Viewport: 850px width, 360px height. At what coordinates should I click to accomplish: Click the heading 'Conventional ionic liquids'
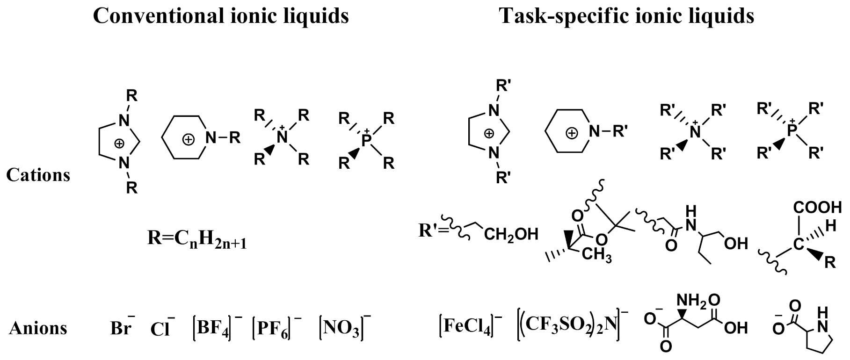pos(221,16)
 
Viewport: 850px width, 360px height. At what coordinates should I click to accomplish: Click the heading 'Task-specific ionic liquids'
pos(626,16)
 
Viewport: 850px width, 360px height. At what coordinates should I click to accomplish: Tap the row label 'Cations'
pos(38,175)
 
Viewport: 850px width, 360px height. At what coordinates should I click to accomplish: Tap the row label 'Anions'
pos(38,328)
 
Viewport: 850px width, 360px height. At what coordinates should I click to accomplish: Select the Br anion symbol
pos(121,328)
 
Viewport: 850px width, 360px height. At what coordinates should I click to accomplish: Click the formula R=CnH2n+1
pos(197,239)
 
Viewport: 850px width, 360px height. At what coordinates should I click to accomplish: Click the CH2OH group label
pos(511,234)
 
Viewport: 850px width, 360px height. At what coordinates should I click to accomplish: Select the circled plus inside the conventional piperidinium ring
pos(188,139)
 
